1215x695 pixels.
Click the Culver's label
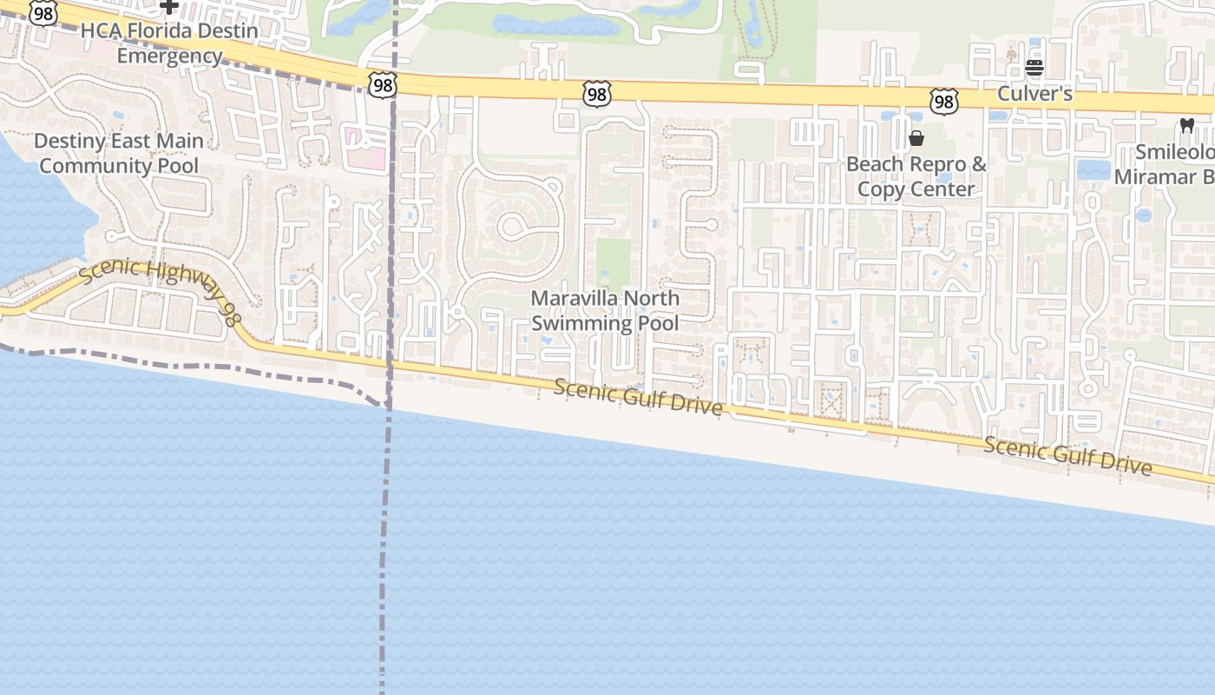point(1034,93)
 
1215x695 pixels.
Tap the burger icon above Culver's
point(1034,68)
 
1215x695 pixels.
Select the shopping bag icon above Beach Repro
point(916,138)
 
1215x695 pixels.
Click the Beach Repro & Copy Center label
point(916,176)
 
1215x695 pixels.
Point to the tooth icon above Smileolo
point(1187,126)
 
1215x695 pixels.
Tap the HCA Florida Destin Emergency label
point(169,43)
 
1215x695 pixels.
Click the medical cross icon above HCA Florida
point(169,7)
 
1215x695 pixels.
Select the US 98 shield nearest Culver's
point(943,102)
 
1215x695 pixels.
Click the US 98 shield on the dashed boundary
point(382,84)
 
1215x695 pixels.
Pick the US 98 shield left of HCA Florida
point(43,12)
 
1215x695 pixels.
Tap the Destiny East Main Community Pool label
point(119,153)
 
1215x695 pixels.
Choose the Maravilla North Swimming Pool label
point(605,310)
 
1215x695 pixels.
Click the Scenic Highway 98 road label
point(161,291)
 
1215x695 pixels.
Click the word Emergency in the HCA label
point(169,56)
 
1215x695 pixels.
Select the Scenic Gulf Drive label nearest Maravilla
point(638,398)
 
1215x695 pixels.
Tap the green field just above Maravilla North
point(613,260)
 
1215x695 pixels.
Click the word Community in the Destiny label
point(119,166)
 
